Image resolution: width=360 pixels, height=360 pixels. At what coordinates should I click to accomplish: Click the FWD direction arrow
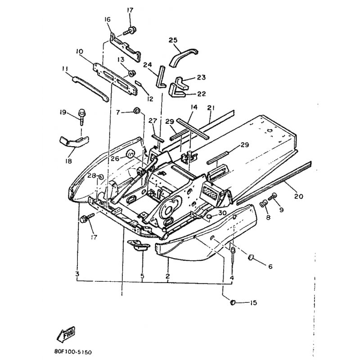66,333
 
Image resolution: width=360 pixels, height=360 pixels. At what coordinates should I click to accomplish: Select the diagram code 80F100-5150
73,352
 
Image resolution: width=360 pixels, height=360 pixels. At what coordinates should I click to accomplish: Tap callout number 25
173,40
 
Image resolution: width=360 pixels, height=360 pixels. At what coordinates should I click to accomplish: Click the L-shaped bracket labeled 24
161,77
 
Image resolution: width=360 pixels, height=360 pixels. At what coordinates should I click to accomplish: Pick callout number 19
63,112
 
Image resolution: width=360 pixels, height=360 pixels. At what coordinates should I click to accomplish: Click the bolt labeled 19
81,117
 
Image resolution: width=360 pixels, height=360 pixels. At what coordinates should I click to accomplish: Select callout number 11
65,68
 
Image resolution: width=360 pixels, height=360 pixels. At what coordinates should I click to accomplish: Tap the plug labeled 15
233,302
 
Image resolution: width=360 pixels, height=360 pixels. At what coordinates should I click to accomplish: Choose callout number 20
298,196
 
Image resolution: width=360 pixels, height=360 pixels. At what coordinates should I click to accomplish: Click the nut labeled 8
264,203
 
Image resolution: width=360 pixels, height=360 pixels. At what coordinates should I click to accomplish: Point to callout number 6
270,266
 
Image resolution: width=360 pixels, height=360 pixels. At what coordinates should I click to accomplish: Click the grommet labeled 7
137,111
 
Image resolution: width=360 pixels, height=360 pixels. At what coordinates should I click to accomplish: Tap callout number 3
77,274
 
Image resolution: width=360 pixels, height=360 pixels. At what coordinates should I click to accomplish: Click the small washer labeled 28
100,177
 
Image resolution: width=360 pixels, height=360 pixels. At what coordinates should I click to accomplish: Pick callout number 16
108,19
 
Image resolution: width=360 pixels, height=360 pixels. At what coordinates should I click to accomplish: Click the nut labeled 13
132,73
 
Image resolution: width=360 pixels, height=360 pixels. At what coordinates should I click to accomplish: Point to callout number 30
222,213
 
